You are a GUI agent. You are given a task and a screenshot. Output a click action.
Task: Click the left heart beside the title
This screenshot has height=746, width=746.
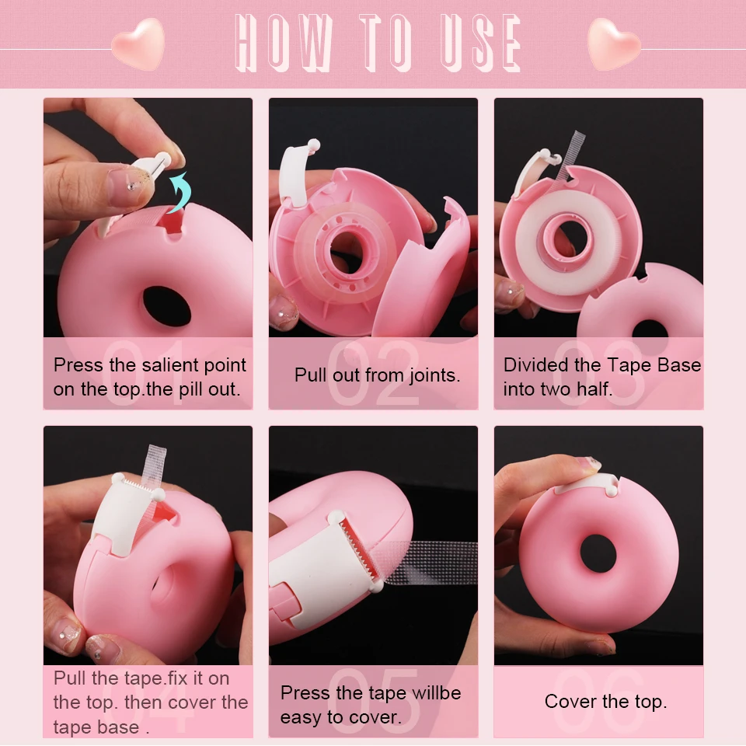coord(138,44)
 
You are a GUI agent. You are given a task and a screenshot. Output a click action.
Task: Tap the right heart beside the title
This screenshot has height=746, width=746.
coord(614,44)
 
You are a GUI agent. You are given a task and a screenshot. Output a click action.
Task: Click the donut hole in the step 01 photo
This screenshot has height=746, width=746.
coord(166,306)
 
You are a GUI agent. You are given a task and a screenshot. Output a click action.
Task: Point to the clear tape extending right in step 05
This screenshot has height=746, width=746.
coord(435,564)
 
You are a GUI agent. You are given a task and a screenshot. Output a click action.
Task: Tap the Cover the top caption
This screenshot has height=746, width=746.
coord(605,702)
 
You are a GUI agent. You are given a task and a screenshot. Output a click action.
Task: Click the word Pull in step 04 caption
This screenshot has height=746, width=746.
coord(68,678)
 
